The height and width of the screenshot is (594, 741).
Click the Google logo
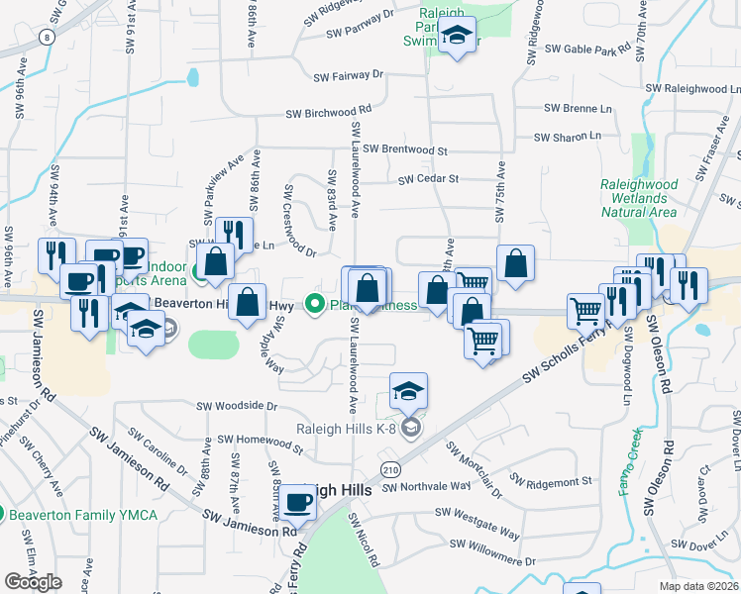tap(33, 582)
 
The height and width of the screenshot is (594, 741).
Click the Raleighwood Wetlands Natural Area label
tap(639, 198)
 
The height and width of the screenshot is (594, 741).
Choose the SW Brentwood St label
tap(405, 149)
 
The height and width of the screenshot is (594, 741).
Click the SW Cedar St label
tap(429, 179)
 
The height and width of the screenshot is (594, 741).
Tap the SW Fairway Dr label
tap(348, 75)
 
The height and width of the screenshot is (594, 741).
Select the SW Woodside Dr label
tap(237, 405)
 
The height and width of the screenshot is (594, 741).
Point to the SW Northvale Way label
tap(427, 486)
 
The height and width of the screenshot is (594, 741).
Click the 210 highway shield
tap(389, 466)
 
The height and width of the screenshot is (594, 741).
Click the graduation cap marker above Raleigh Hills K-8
tap(408, 390)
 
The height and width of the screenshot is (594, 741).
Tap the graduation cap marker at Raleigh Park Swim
tap(456, 36)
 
